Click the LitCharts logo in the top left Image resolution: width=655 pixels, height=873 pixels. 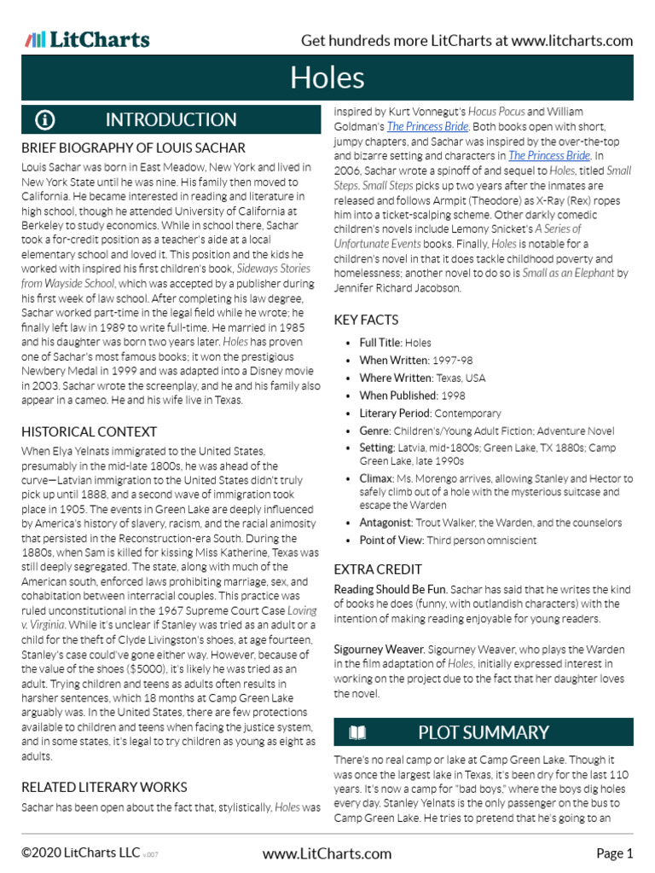pos(87,39)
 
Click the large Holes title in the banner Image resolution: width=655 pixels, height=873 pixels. pos(327,78)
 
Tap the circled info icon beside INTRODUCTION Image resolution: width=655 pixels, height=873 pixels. pos(44,119)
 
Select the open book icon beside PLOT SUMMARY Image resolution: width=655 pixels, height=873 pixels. pos(357,732)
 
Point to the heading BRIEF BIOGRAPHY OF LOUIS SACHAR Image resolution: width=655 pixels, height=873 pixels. pos(133,148)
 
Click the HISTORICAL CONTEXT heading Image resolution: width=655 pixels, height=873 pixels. pos(89,431)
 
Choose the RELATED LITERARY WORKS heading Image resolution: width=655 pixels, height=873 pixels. pos(104,786)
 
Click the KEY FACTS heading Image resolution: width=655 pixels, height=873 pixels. pos(366,320)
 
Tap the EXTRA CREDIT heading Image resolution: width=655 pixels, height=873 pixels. pos(378,569)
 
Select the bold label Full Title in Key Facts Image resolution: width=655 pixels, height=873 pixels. pos(380,343)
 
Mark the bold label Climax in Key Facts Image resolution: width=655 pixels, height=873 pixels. pos(376,479)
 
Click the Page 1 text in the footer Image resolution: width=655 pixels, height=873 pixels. pos(614,853)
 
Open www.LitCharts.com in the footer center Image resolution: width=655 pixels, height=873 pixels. pos(327,853)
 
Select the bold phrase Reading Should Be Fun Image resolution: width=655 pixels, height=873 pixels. pos(386,589)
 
